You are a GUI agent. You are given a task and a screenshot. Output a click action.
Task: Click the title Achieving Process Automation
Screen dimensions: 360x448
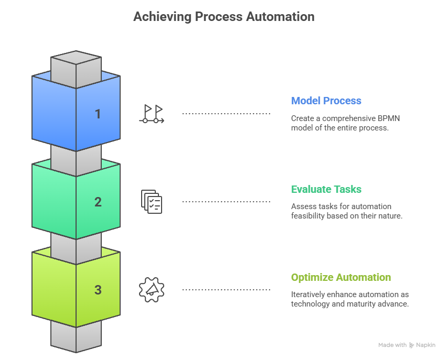click(x=223, y=17)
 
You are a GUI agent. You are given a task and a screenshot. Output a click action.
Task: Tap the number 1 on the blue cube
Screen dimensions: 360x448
click(x=98, y=114)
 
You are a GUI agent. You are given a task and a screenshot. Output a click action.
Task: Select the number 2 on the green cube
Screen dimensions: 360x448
click(x=98, y=202)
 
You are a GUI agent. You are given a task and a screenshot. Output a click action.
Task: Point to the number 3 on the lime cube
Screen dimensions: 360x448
click(x=98, y=290)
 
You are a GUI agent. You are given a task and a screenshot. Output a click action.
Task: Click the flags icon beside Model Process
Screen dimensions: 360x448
click(x=152, y=114)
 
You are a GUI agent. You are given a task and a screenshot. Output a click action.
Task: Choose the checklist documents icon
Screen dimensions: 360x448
click(x=152, y=202)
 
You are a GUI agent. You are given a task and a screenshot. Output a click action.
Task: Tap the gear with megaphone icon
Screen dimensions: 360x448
click(x=152, y=290)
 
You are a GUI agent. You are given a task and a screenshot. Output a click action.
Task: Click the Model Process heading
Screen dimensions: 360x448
click(x=326, y=101)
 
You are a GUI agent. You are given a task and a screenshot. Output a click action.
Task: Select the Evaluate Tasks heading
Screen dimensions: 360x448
click(x=326, y=189)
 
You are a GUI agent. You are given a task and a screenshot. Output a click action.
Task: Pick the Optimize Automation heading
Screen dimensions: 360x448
click(x=340, y=277)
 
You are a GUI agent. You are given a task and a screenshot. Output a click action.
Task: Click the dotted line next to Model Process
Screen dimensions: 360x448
click(x=226, y=114)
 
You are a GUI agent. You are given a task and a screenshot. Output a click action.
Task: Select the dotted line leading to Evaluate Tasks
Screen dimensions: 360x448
click(x=226, y=202)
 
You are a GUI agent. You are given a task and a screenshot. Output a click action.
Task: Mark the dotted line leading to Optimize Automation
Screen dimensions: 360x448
click(x=226, y=290)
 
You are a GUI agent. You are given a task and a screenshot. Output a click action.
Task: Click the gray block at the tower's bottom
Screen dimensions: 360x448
click(x=76, y=336)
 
